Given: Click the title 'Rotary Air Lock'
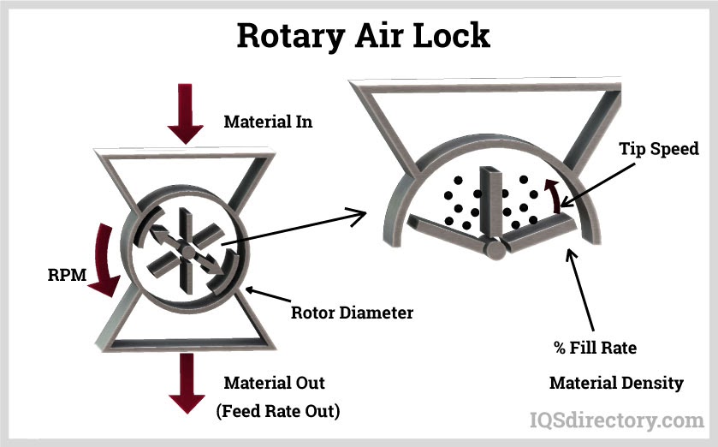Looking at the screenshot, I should click(363, 35).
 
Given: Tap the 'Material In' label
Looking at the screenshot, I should click(268, 122).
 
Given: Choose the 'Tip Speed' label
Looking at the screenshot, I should click(659, 149).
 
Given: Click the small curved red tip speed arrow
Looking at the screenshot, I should click(556, 194).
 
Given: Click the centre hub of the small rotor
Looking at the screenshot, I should click(185, 249).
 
